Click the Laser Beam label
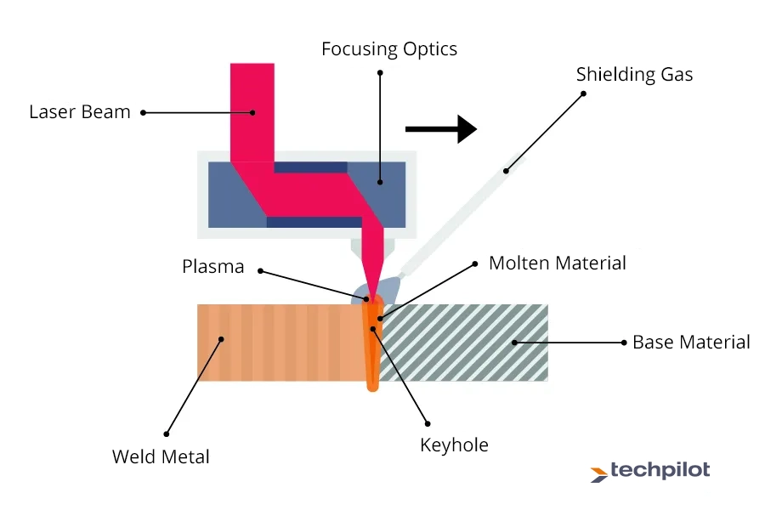point(79,112)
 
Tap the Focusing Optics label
point(388,49)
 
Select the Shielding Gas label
point(634,75)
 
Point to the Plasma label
point(212,267)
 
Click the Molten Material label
point(557,263)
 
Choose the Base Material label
point(691,343)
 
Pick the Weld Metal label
point(161,457)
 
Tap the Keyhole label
point(454,445)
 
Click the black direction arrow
point(441,129)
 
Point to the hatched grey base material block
point(476,357)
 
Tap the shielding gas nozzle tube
point(476,204)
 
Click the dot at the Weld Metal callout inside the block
point(221,339)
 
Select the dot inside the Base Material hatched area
point(513,343)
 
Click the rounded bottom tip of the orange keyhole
point(372,387)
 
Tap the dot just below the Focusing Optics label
point(380,72)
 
